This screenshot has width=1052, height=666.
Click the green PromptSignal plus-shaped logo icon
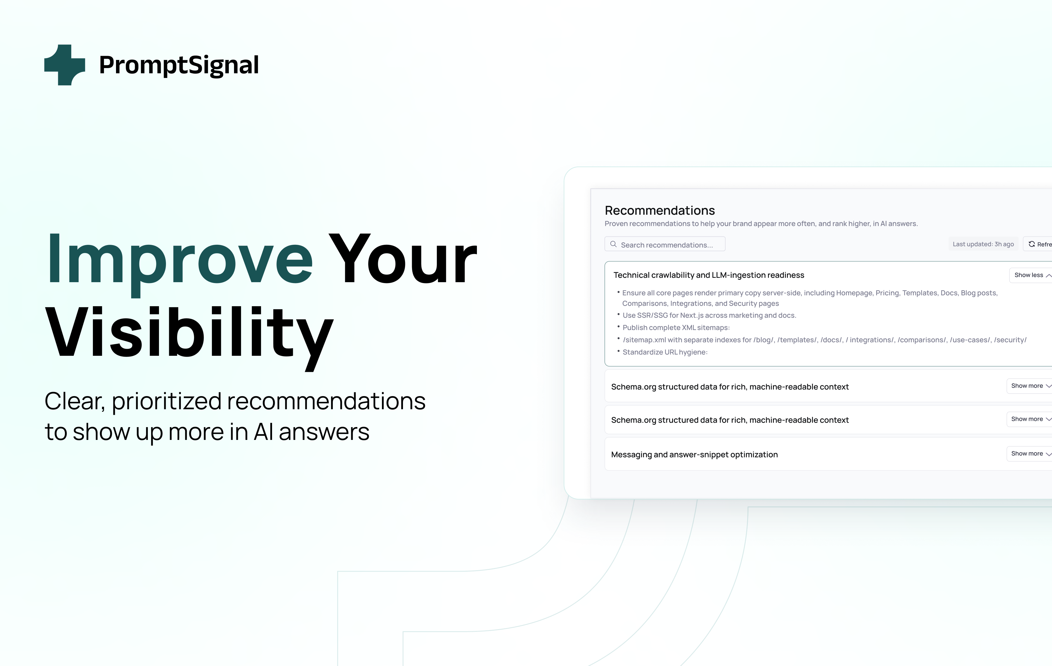(x=65, y=65)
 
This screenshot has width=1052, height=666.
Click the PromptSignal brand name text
(x=179, y=65)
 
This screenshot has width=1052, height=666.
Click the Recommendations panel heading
(x=660, y=211)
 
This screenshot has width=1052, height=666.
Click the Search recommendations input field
(x=665, y=244)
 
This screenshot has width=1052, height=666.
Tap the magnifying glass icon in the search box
(x=613, y=244)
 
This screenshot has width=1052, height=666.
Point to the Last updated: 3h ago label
(x=983, y=244)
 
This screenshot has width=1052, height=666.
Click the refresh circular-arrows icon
(x=1032, y=244)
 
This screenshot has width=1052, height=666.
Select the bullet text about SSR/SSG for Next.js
(x=709, y=315)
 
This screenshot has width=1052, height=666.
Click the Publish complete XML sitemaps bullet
(x=676, y=327)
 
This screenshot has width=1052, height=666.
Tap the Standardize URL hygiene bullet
(x=665, y=352)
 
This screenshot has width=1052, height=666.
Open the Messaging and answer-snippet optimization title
(x=694, y=455)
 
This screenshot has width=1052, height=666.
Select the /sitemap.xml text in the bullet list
(x=644, y=340)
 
